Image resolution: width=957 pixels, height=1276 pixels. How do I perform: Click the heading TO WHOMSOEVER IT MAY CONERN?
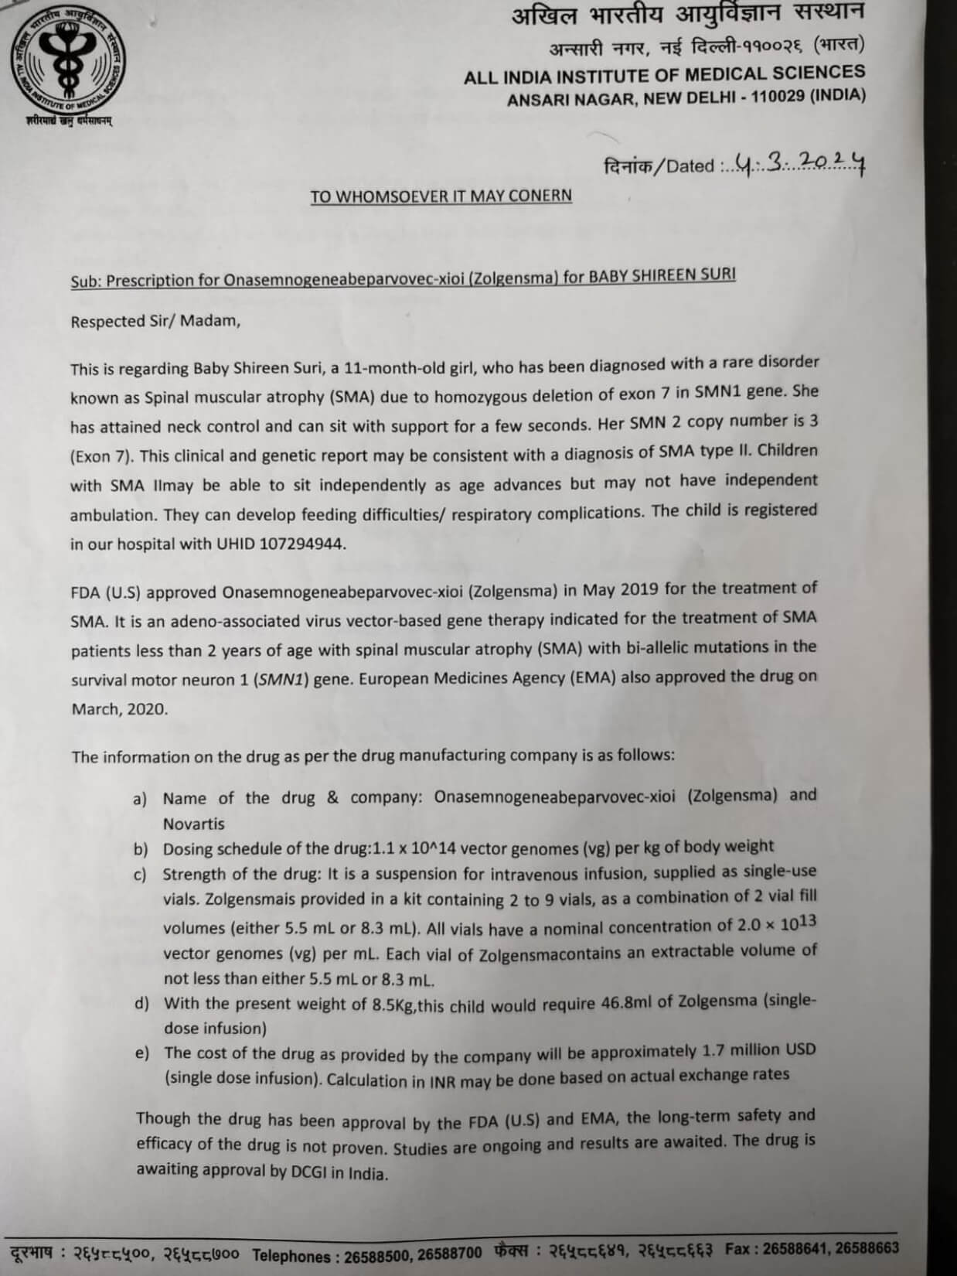click(x=441, y=196)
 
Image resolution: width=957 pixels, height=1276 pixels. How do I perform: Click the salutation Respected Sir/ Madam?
click(x=155, y=322)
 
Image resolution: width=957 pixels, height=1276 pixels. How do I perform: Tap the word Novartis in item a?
click(x=193, y=824)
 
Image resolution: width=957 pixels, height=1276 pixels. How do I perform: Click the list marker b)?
click(x=140, y=849)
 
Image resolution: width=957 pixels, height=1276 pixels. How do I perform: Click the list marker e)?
click(x=141, y=1053)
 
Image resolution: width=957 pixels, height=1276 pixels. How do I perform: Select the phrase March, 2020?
click(x=120, y=708)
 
